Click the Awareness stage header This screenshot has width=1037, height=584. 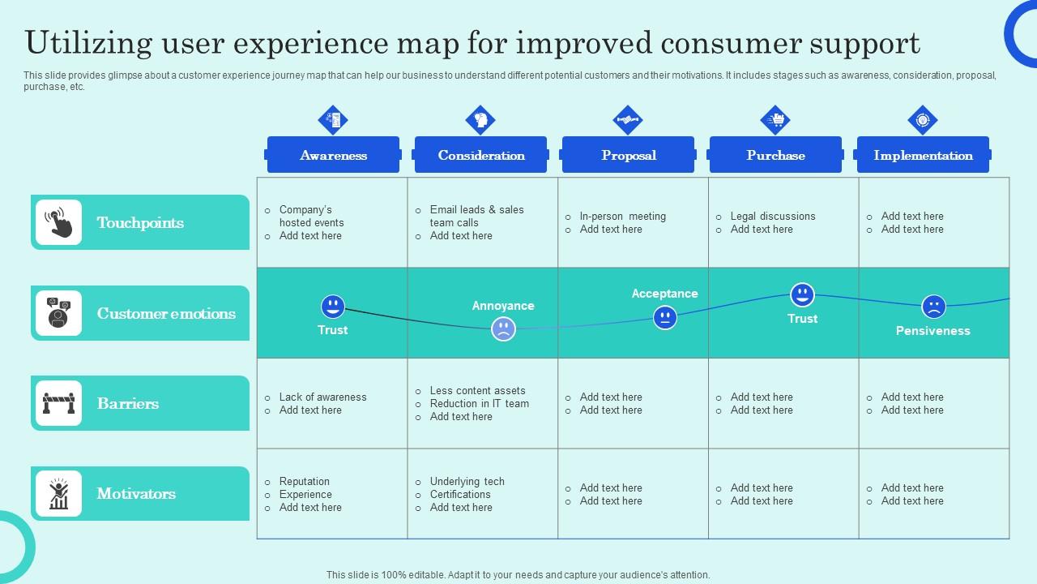click(x=333, y=155)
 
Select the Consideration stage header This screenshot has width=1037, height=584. click(x=480, y=155)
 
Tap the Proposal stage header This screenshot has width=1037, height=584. click(x=628, y=155)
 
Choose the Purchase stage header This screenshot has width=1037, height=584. click(x=775, y=155)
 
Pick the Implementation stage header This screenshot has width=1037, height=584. click(x=923, y=155)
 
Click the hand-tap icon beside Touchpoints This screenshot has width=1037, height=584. click(x=59, y=222)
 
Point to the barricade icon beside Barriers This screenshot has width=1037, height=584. click(x=59, y=403)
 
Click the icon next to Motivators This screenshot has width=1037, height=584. click(x=59, y=493)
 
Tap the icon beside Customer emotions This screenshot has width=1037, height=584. click(x=59, y=313)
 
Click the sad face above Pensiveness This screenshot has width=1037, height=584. click(x=933, y=307)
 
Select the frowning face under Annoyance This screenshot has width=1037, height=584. click(x=503, y=328)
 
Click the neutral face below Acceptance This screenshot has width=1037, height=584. click(x=665, y=318)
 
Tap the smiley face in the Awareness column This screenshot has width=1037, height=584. click(x=333, y=307)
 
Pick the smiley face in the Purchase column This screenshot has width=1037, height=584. click(x=802, y=294)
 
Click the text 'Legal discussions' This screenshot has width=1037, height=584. click(x=772, y=216)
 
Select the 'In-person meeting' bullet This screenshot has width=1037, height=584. click(x=622, y=216)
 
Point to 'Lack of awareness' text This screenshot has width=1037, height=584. click(x=322, y=397)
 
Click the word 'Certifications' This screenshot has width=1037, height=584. click(x=460, y=494)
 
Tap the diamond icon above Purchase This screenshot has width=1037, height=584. click(x=775, y=120)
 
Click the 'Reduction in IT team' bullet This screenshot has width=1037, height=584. click(x=479, y=403)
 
